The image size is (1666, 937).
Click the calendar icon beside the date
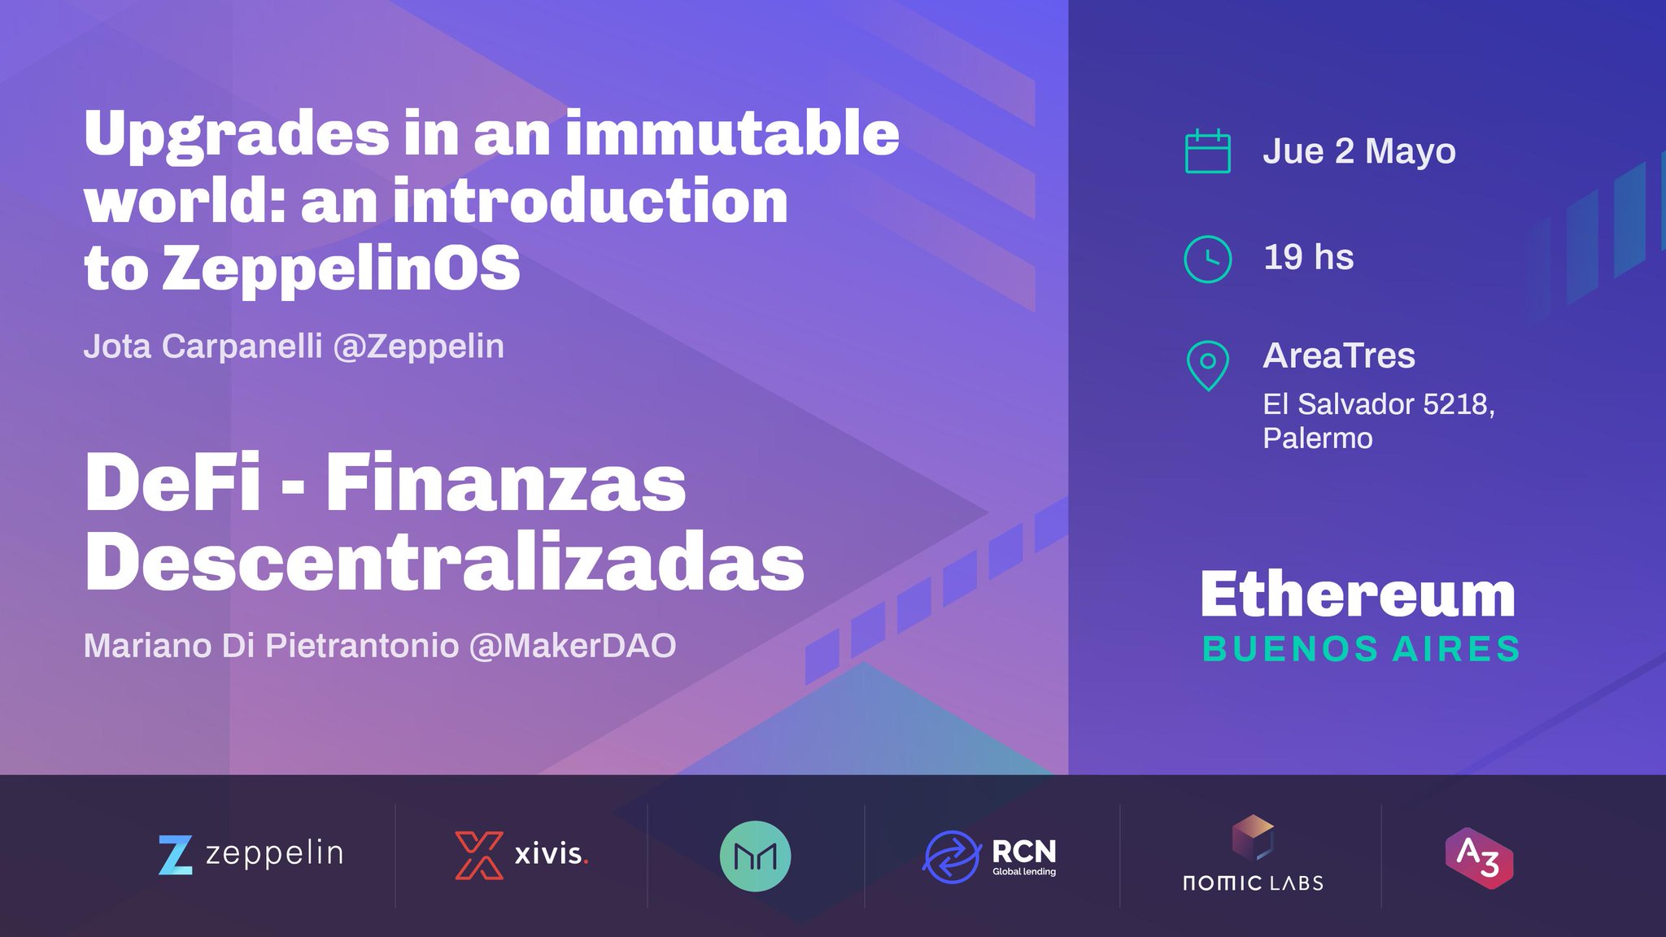point(1207,151)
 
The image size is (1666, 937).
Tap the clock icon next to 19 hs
point(1207,259)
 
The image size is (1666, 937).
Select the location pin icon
point(1207,364)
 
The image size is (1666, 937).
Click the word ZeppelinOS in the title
point(341,268)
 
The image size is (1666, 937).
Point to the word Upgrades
point(237,135)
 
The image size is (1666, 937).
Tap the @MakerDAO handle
point(573,646)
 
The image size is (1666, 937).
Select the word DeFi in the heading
point(173,483)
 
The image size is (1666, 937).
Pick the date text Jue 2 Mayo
point(1359,151)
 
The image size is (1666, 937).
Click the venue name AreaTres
point(1339,355)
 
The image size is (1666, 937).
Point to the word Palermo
point(1317,438)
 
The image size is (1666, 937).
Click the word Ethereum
point(1358,595)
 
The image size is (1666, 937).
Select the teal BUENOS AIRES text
point(1361,649)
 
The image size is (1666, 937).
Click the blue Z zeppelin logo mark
point(176,855)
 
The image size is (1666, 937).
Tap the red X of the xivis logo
point(478,855)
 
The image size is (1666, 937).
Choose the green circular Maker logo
point(755,856)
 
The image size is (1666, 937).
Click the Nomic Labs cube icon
point(1253,836)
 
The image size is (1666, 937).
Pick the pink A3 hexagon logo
point(1479,858)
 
